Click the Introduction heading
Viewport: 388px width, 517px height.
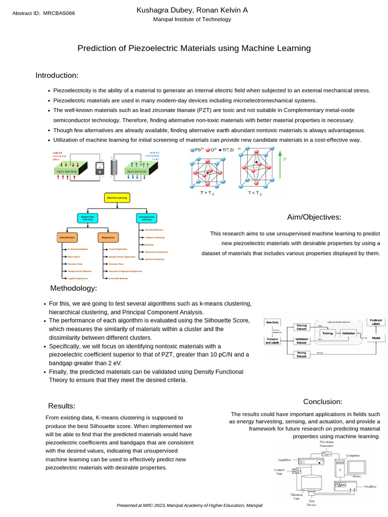click(57, 75)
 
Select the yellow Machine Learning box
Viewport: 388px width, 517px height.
click(117, 198)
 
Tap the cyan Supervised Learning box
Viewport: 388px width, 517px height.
click(88, 218)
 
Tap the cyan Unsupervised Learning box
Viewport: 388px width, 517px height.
click(147, 218)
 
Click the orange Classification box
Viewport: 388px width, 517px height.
click(67, 237)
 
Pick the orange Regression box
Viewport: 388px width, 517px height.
click(108, 237)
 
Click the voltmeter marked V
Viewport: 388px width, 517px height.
click(100, 171)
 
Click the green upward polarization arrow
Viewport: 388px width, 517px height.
click(279, 167)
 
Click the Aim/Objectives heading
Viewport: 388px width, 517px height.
click(314, 217)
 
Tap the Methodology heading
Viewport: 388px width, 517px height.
click(73, 288)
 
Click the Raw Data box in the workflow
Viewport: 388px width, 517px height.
click(273, 322)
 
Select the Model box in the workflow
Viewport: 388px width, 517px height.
click(375, 337)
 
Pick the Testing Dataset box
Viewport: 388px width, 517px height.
click(301, 354)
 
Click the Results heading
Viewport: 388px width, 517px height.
click(62, 406)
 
